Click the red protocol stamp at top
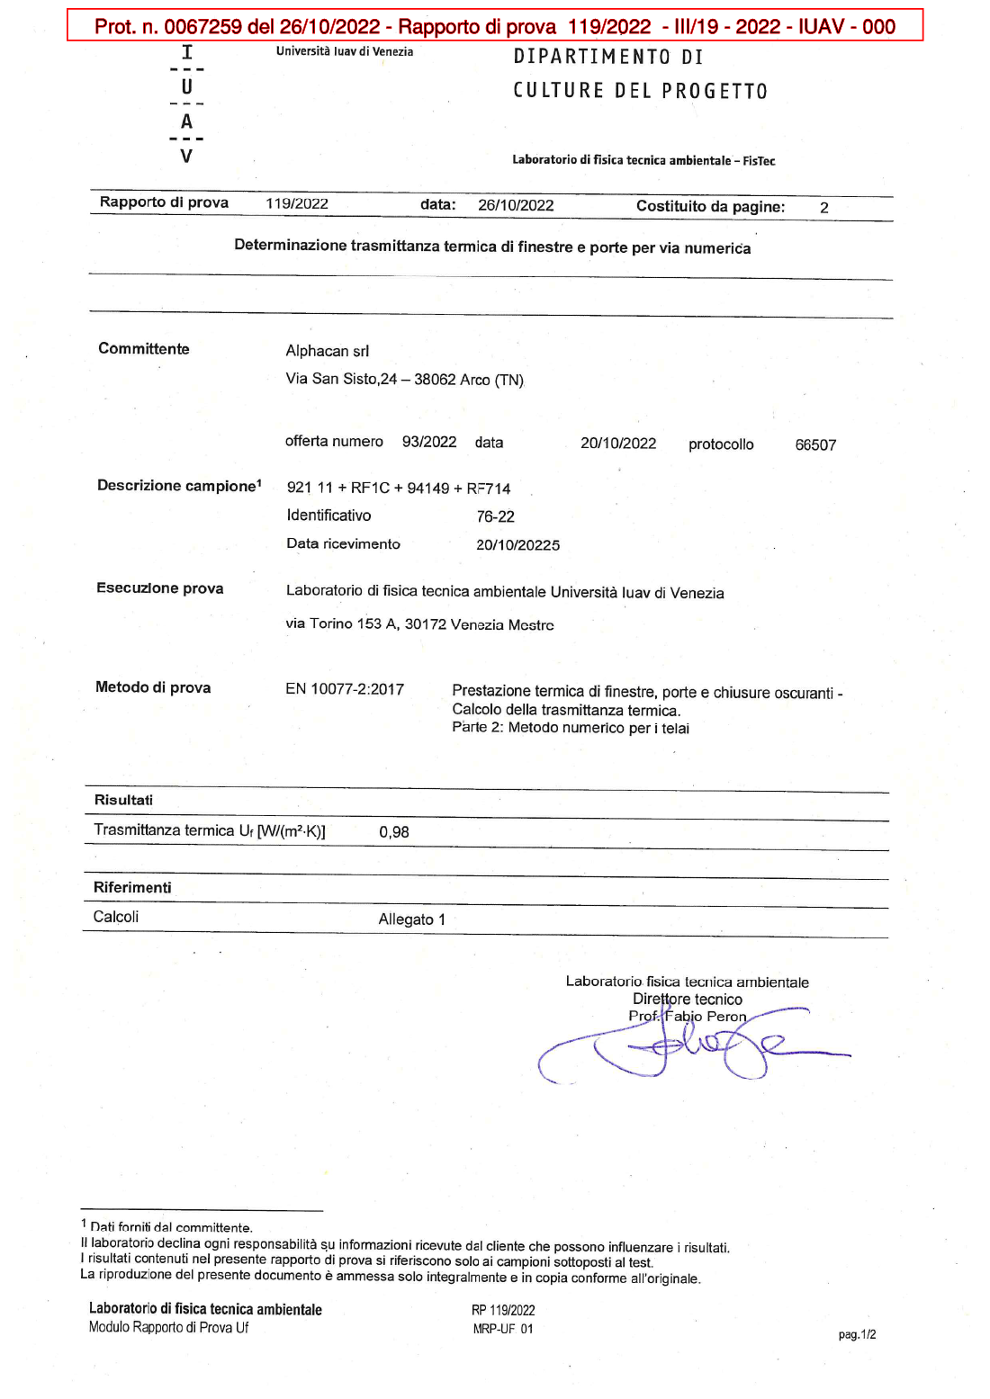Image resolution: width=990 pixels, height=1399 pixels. point(495,26)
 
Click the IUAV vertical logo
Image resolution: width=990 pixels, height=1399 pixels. point(186,104)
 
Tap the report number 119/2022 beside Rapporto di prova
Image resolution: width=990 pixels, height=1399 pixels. point(297,204)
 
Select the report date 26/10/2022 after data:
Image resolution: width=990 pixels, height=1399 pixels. point(516,205)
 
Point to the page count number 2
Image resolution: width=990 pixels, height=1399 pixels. point(823,208)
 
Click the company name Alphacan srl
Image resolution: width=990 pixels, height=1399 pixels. point(328,351)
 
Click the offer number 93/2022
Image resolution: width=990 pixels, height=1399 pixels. point(429,442)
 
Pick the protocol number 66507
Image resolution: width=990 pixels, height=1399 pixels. point(815,445)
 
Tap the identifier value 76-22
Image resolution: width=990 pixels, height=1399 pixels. point(496,517)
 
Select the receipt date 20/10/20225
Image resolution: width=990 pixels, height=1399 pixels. point(517,545)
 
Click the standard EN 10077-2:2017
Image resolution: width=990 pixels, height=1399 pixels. point(345,689)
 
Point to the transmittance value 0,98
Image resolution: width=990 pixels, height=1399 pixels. point(394,832)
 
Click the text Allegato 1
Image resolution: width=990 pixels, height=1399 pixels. point(411,919)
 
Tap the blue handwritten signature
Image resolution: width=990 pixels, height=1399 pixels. point(693,1048)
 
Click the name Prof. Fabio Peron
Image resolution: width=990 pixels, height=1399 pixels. point(688,1017)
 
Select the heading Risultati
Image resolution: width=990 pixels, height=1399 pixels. point(123,800)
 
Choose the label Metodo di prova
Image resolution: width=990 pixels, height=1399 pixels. point(153,687)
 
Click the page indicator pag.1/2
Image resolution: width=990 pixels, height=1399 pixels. point(857,1335)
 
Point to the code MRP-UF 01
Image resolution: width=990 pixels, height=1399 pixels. point(503,1329)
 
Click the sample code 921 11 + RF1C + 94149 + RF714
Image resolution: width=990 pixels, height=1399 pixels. point(399,489)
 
